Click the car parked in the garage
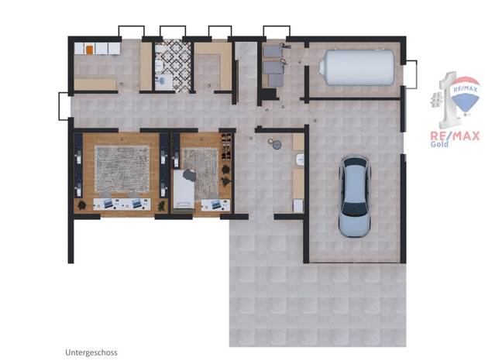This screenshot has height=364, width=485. [x=355, y=196]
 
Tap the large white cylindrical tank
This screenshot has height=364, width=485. [x=356, y=67]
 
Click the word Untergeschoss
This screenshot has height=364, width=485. [x=91, y=352]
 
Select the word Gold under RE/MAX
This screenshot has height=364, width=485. [x=439, y=144]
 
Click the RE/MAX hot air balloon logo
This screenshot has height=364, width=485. [x=465, y=95]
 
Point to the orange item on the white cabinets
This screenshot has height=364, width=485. [x=89, y=50]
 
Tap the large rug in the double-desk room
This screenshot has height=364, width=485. [x=122, y=169]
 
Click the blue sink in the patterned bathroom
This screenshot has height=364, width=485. [x=160, y=80]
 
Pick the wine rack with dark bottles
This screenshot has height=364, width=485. [x=226, y=146]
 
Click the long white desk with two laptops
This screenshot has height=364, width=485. [x=122, y=204]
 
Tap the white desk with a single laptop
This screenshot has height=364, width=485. [x=215, y=204]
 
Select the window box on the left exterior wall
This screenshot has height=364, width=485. [x=64, y=106]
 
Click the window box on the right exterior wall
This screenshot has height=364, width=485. [x=411, y=74]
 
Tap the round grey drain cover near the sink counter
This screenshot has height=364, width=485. [x=277, y=145]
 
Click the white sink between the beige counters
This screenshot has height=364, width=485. [x=300, y=160]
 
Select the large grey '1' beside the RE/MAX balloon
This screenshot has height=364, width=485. [x=448, y=101]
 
